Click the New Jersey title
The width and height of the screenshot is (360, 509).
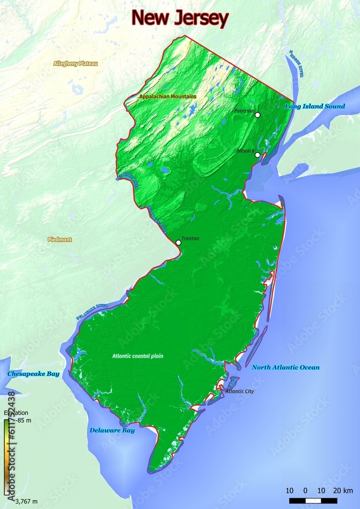[180, 19]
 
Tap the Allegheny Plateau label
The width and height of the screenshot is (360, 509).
[75, 64]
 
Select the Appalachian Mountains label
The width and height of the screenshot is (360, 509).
[168, 96]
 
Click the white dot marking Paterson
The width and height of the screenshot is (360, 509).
[258, 115]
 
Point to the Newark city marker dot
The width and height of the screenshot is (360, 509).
[258, 155]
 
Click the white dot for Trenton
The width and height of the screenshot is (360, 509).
[178, 243]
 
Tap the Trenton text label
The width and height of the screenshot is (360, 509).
[190, 238]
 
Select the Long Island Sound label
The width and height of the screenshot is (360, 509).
[314, 106]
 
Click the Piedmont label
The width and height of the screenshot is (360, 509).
[60, 239]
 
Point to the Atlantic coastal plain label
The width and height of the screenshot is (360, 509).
[137, 356]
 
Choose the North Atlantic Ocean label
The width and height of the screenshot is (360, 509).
[286, 367]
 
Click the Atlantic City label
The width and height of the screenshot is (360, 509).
[239, 391]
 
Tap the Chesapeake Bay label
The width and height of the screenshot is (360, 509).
[33, 374]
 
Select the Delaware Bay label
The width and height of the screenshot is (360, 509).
[112, 430]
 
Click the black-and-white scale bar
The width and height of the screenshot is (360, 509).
[313, 500]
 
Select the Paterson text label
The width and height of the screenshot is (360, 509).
[244, 110]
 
